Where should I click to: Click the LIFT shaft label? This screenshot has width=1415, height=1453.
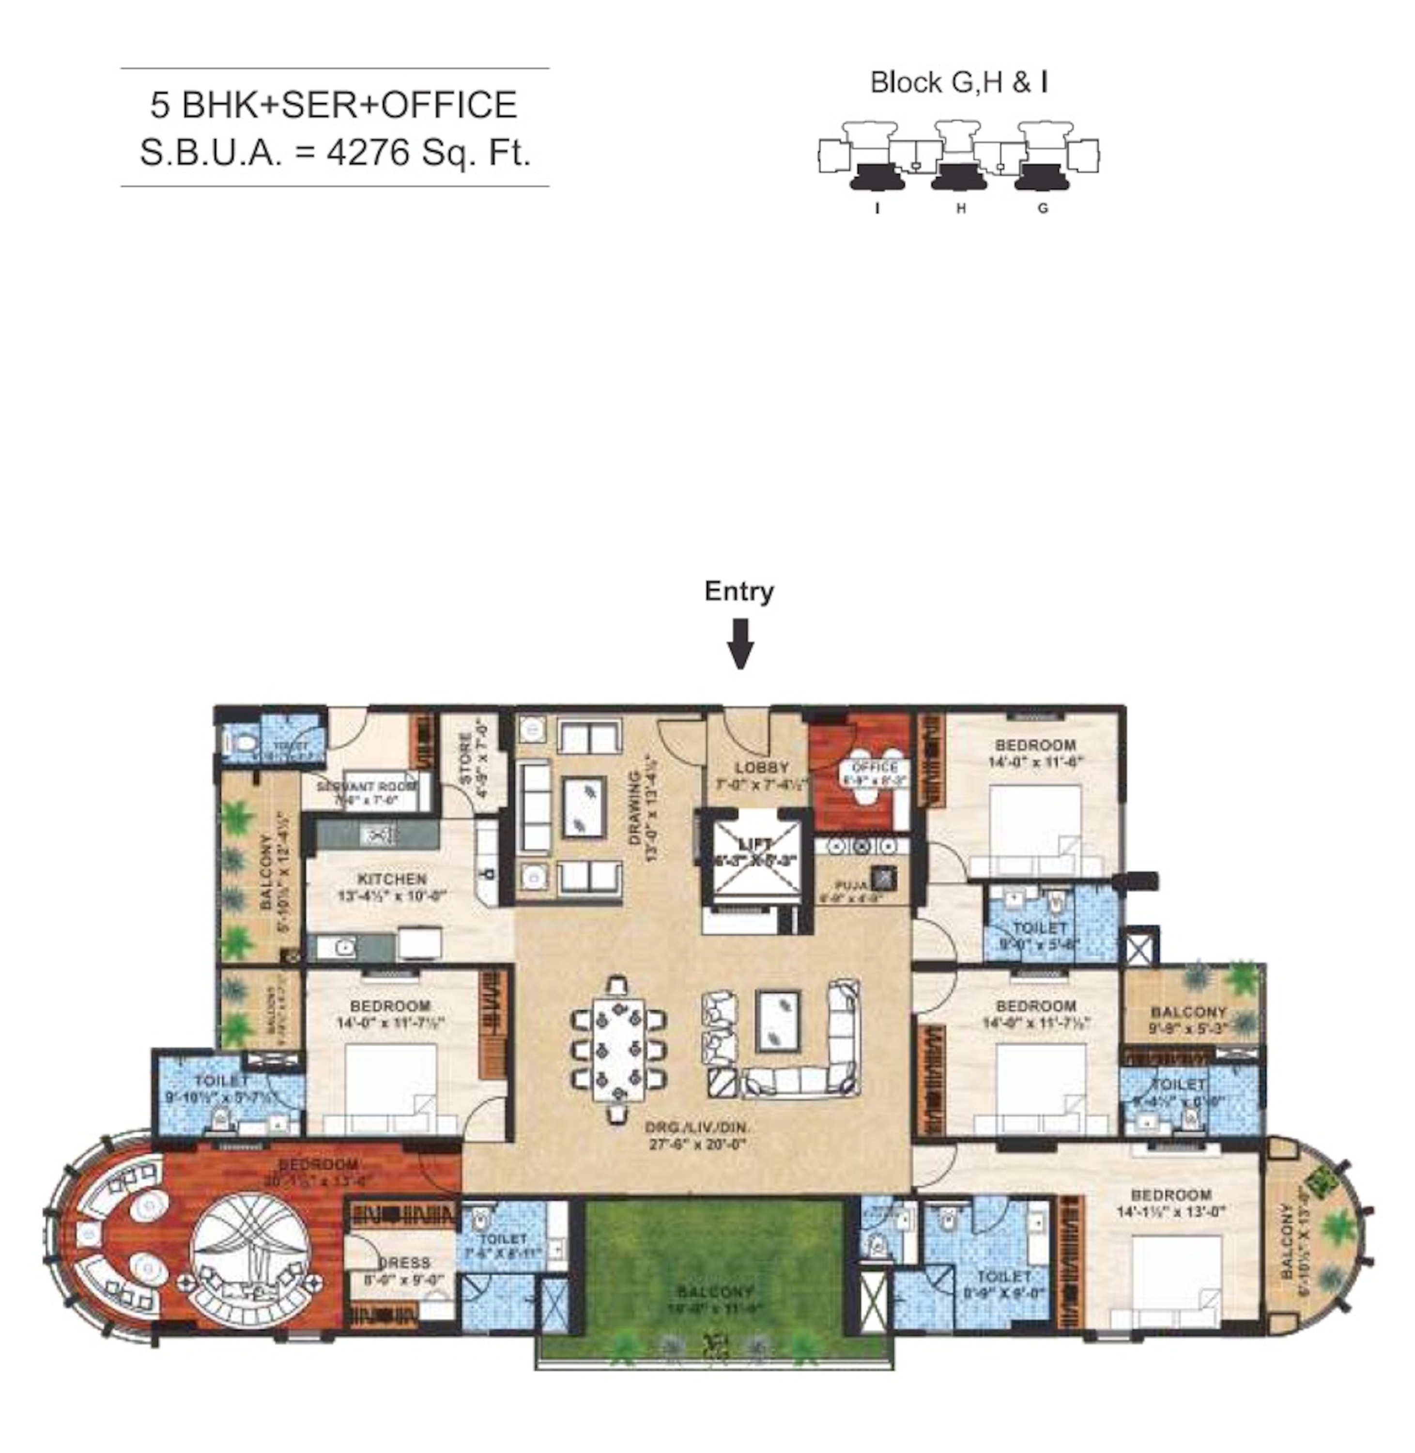coord(754,844)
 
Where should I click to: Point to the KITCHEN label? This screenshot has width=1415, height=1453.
coord(392,879)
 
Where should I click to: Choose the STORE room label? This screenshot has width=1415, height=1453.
coord(466,759)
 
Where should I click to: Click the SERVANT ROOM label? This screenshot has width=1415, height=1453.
coord(357,787)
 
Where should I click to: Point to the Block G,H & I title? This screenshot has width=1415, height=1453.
coord(959,82)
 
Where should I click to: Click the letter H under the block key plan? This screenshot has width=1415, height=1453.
coord(960,209)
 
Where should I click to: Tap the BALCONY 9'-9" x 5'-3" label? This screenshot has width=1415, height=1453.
coord(1187,1020)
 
